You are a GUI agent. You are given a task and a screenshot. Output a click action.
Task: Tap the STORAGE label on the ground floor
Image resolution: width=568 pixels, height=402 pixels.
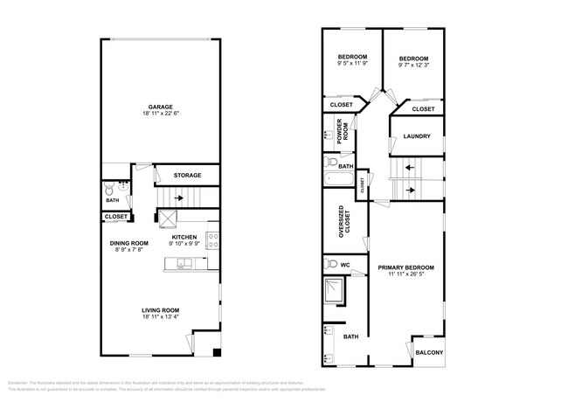186,176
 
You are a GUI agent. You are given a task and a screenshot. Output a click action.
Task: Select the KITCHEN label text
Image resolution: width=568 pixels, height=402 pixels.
184,237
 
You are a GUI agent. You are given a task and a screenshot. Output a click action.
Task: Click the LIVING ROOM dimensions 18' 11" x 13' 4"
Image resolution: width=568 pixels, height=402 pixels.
161,316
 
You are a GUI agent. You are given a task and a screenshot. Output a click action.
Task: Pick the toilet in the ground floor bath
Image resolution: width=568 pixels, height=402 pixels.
108,190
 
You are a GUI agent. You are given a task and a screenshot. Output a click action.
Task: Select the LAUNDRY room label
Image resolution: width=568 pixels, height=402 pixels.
417,136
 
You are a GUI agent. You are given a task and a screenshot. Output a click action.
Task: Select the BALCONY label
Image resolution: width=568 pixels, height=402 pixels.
428,352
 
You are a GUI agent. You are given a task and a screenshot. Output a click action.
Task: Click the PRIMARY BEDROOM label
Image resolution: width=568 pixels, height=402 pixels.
405,267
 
